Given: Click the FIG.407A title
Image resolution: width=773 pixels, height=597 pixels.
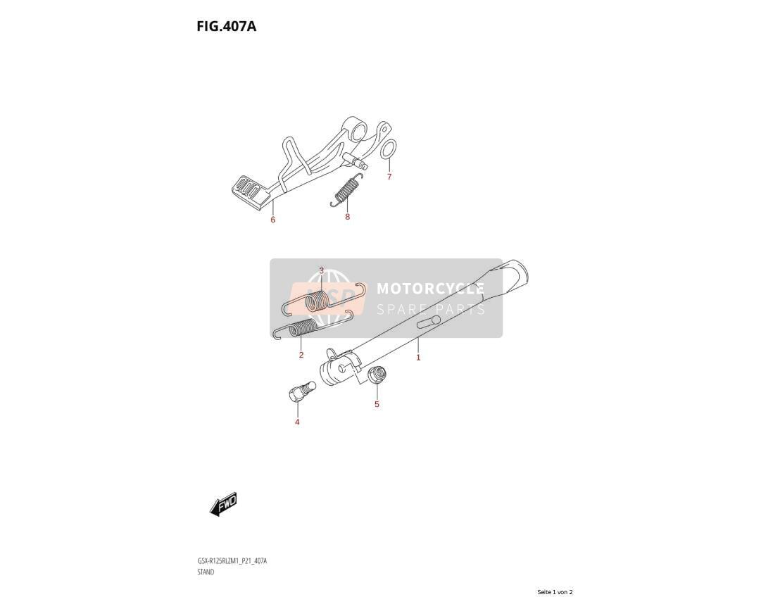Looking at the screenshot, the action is point(226,26).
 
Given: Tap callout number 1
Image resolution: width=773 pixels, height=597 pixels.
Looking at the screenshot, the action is point(418,358).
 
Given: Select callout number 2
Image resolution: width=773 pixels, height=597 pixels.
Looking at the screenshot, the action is point(301,355).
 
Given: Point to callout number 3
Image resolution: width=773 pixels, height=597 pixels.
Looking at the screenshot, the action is point(322,270).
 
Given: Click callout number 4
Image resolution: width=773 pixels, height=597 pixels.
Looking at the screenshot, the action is point(297,422).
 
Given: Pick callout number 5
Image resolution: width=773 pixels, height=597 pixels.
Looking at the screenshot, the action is point(377,404).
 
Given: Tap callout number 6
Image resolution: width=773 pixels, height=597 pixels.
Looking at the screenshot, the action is point(272,220).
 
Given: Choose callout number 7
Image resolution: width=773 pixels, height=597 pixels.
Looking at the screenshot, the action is point(389,177).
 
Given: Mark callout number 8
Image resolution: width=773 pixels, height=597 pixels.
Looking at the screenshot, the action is point(347,217).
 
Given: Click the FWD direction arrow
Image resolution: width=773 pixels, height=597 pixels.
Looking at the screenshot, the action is point(223,504).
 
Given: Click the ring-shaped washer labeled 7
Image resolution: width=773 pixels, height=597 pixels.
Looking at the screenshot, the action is point(388,149).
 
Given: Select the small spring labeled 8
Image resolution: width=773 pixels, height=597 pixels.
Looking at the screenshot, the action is point(346,190).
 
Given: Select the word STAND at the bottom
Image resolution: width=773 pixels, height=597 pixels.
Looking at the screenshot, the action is point(206,572).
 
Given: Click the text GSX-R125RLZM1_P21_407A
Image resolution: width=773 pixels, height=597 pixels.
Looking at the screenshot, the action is point(232,561).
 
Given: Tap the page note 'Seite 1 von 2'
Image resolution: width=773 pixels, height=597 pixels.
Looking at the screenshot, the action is point(555,592).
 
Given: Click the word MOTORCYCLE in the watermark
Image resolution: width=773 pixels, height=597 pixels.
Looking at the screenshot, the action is point(430,289).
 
